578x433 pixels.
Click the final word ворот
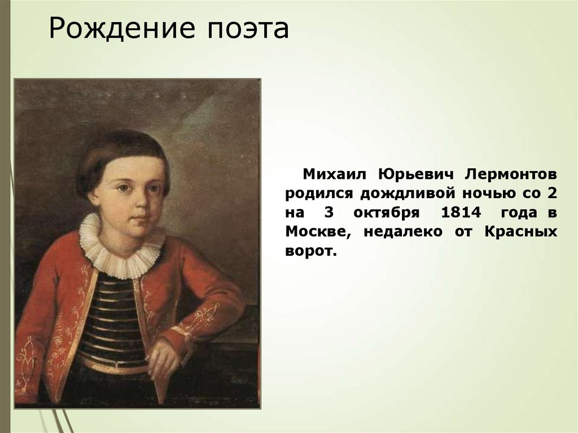[x=310, y=251]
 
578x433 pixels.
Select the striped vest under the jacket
[x=113, y=322]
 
